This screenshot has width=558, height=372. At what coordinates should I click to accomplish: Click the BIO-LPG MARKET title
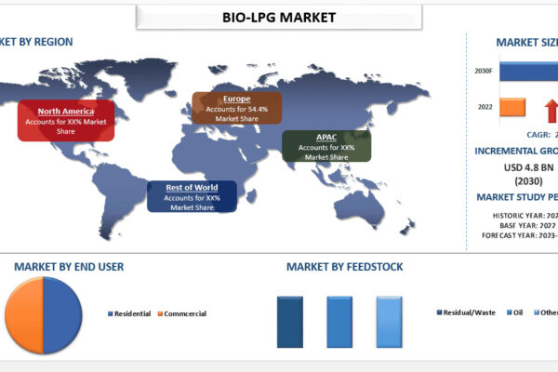coord(280,17)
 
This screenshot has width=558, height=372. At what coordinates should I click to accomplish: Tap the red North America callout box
coord(66,121)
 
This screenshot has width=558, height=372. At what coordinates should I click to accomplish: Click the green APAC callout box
coord(325,147)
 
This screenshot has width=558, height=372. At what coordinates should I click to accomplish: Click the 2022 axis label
coord(484,108)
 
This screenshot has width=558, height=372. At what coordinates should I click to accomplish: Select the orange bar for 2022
coord(512,108)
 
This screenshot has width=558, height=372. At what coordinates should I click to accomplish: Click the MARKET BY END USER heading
coord(69,267)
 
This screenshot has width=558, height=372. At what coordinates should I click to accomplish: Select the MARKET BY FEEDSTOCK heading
coord(345,267)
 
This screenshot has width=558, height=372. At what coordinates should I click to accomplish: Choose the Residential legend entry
coord(131,313)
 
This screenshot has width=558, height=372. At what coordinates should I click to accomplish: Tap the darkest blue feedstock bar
coord(290,322)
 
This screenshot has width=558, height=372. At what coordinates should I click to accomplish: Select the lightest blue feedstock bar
coord(389,322)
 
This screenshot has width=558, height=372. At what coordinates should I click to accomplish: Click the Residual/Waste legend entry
coord(469,313)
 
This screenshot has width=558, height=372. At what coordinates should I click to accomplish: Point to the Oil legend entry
coord(517,313)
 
